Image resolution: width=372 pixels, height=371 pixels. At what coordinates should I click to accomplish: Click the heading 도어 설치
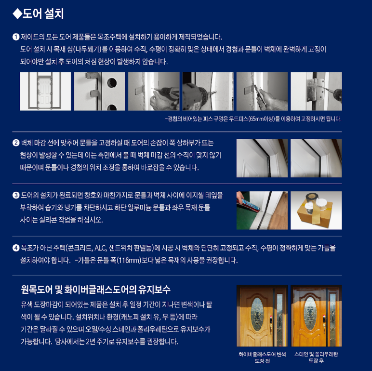click(43, 14)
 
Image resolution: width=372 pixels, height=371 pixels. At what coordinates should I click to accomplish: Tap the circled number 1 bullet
click(16, 37)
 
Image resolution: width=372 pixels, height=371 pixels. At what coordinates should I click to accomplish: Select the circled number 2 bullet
click(16, 143)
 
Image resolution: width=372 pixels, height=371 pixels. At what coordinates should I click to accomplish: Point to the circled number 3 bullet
click(16, 195)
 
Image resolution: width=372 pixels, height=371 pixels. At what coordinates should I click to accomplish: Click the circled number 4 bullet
click(16, 248)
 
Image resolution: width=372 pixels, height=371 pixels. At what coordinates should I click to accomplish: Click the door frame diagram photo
click(45, 92)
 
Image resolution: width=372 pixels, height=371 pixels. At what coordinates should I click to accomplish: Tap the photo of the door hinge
click(316, 92)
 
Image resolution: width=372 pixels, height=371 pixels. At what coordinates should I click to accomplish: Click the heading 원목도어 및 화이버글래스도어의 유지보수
click(95, 290)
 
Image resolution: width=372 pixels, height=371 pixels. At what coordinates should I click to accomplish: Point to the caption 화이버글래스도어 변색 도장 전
click(262, 358)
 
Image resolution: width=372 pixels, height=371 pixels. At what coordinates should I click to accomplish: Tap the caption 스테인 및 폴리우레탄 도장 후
click(316, 358)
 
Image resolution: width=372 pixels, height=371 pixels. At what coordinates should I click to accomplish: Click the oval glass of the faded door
click(257, 314)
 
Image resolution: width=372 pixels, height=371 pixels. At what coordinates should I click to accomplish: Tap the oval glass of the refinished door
click(310, 313)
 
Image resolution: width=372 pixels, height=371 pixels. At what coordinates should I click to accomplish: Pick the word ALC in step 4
click(100, 248)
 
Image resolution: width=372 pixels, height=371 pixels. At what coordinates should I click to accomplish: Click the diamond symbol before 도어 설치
click(17, 14)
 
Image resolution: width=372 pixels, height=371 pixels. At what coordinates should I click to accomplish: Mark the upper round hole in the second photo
click(112, 82)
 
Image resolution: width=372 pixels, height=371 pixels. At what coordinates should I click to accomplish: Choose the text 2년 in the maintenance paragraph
click(91, 342)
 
